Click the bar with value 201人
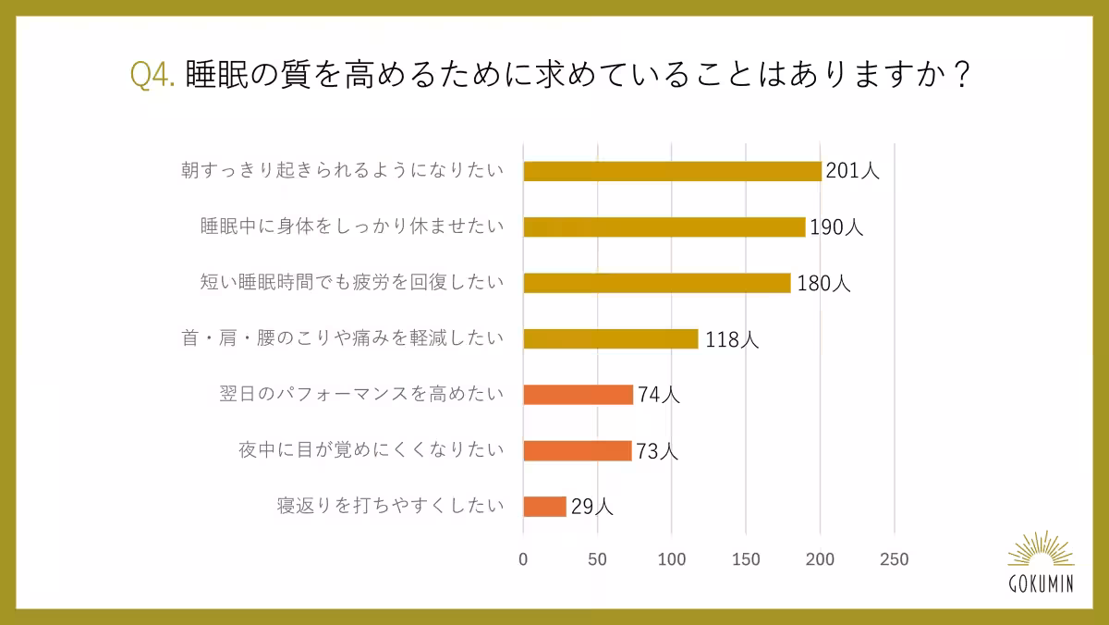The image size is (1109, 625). point(672,171)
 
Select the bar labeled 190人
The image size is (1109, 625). point(664,227)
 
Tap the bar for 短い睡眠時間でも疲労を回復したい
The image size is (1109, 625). point(656,283)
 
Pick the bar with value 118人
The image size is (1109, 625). point(611,338)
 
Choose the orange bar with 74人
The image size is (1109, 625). point(578,395)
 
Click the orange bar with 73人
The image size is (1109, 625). point(577,450)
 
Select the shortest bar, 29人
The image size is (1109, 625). point(544,507)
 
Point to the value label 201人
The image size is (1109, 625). point(852,172)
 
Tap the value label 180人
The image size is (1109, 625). point(823,284)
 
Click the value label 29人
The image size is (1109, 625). point(591,508)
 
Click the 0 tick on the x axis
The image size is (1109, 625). point(523,559)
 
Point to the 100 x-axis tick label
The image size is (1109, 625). point(672,559)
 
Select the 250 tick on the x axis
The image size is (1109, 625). point(895,559)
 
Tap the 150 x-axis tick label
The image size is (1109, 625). point(746,559)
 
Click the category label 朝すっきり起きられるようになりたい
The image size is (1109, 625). point(343,171)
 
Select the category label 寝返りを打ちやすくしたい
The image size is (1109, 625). point(391,506)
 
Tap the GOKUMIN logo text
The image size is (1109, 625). point(1042,583)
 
